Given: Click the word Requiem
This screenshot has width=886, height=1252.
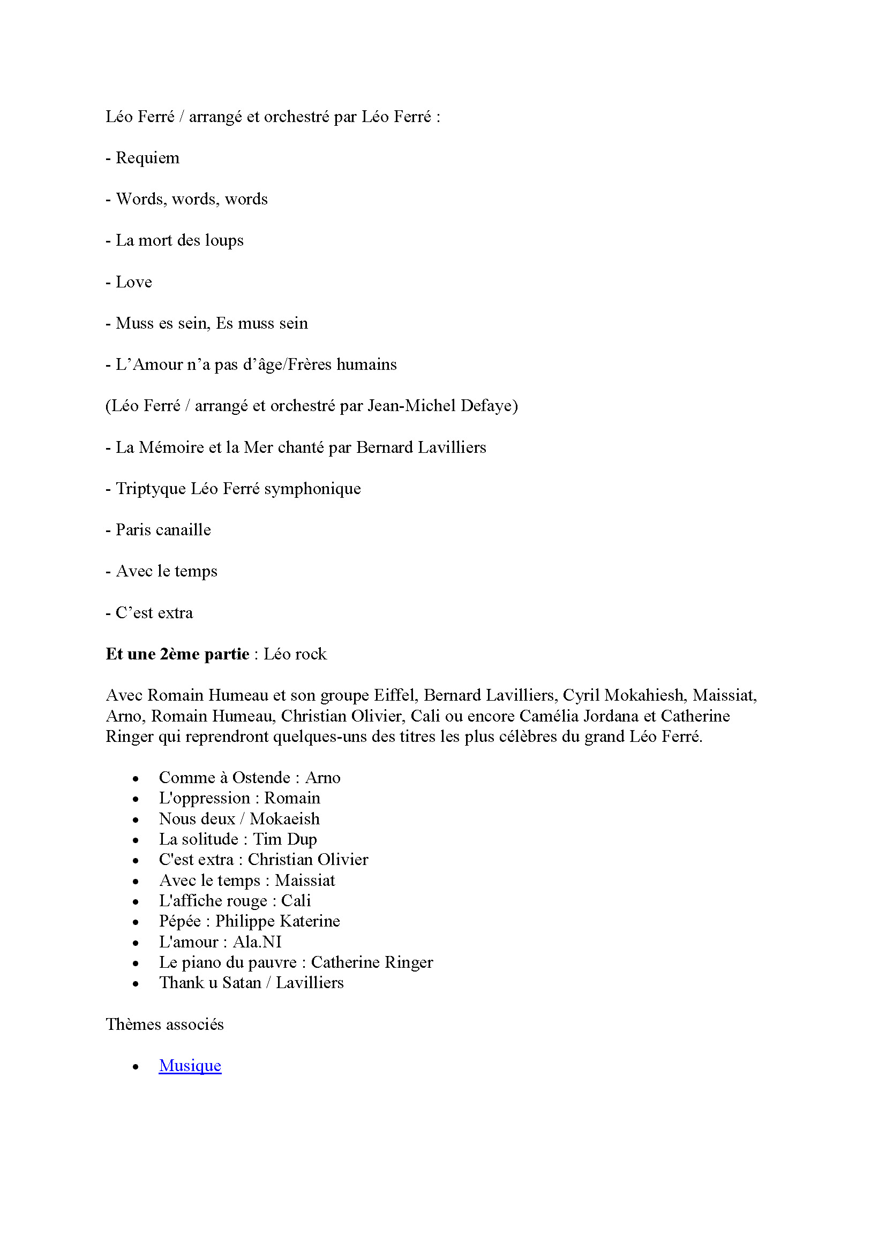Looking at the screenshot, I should (147, 158).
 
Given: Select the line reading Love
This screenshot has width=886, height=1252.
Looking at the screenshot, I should (134, 282).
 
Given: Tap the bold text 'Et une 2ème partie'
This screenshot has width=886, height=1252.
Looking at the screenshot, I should (177, 654).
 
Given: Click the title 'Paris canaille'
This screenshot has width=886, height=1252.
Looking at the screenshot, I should (163, 529).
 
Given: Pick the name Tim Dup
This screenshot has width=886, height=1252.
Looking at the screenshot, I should (285, 839).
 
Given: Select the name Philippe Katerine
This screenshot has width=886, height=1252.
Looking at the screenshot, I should (277, 921).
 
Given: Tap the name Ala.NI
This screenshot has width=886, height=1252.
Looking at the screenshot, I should (257, 942).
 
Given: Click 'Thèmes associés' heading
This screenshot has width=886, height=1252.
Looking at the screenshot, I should (165, 1024).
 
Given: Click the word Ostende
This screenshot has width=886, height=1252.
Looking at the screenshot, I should (261, 777).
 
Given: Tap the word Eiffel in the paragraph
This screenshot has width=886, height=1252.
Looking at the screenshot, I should (394, 695).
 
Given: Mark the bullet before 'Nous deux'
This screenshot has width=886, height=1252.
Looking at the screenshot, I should (136, 820).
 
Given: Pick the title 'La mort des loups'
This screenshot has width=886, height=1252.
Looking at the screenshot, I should (179, 240).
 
